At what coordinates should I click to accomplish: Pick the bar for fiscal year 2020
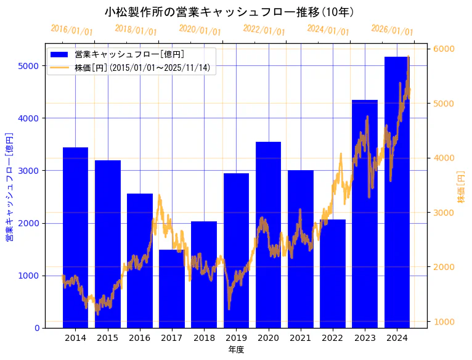point(268,235)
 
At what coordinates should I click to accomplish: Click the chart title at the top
point(229,12)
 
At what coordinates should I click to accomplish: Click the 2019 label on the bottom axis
point(236,338)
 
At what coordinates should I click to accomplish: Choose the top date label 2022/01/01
point(264,30)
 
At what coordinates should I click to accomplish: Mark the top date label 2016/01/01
point(71,30)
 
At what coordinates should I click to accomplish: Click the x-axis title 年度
point(236,350)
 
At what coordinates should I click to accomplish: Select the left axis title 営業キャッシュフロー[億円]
point(9,187)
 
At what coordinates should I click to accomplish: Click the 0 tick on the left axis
point(37,328)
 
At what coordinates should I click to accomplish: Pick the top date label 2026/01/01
point(392,30)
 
